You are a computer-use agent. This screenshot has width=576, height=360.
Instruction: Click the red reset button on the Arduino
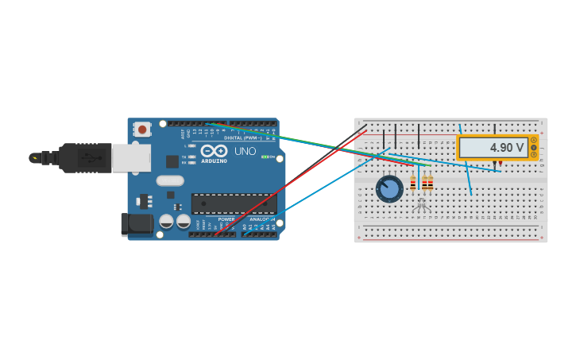[142, 129]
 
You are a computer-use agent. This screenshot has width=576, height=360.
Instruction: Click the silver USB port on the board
[130, 158]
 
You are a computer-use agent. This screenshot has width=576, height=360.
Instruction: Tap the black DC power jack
[137, 224]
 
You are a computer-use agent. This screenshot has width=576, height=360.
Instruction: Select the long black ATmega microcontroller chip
[234, 203]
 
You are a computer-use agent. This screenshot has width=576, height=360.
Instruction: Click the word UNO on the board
[245, 151]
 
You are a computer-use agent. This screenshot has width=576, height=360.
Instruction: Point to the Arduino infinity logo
[214, 150]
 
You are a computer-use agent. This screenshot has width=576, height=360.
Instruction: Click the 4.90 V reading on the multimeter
[506, 148]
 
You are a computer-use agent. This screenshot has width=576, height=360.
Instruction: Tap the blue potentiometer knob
[389, 188]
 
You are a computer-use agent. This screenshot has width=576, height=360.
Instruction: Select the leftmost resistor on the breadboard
[413, 184]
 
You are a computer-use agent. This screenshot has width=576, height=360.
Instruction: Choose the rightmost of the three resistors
[431, 184]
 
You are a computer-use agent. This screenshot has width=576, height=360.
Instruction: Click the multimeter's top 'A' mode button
[534, 141]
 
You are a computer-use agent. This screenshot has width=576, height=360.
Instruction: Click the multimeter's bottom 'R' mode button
[534, 155]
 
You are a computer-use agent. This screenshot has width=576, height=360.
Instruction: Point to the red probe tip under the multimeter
[501, 164]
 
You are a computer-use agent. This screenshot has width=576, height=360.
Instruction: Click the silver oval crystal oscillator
[170, 180]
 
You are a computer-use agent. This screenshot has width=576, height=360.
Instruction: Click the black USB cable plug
[84, 158]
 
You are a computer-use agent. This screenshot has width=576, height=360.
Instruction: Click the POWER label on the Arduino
[226, 219]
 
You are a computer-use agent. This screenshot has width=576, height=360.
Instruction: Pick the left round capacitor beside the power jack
[166, 221]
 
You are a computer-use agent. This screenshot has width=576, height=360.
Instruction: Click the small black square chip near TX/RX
[172, 161]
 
